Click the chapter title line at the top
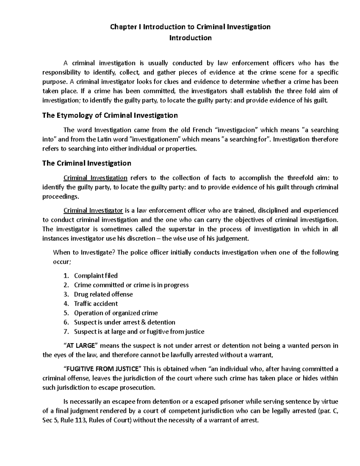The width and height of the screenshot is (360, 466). (x=190, y=27)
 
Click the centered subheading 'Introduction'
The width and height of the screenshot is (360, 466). (x=190, y=38)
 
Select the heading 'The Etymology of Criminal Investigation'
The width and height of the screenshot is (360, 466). (x=110, y=116)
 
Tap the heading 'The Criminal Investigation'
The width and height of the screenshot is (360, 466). (x=87, y=164)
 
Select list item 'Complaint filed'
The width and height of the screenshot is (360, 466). (x=96, y=276)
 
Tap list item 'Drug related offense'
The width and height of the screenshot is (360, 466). (x=103, y=294)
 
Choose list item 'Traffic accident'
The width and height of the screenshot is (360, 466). (x=96, y=304)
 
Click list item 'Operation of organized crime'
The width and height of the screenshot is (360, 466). (x=116, y=313)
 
